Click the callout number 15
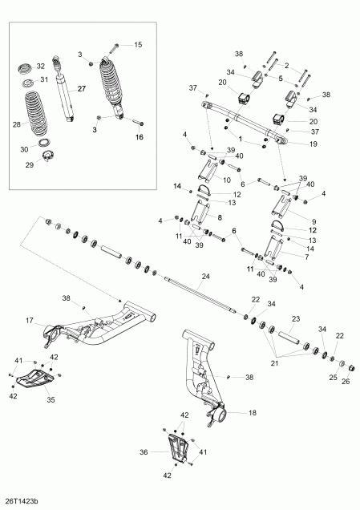[x=136, y=44]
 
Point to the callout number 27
[x=80, y=90]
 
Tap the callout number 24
[x=205, y=277]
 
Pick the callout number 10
[x=227, y=180]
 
